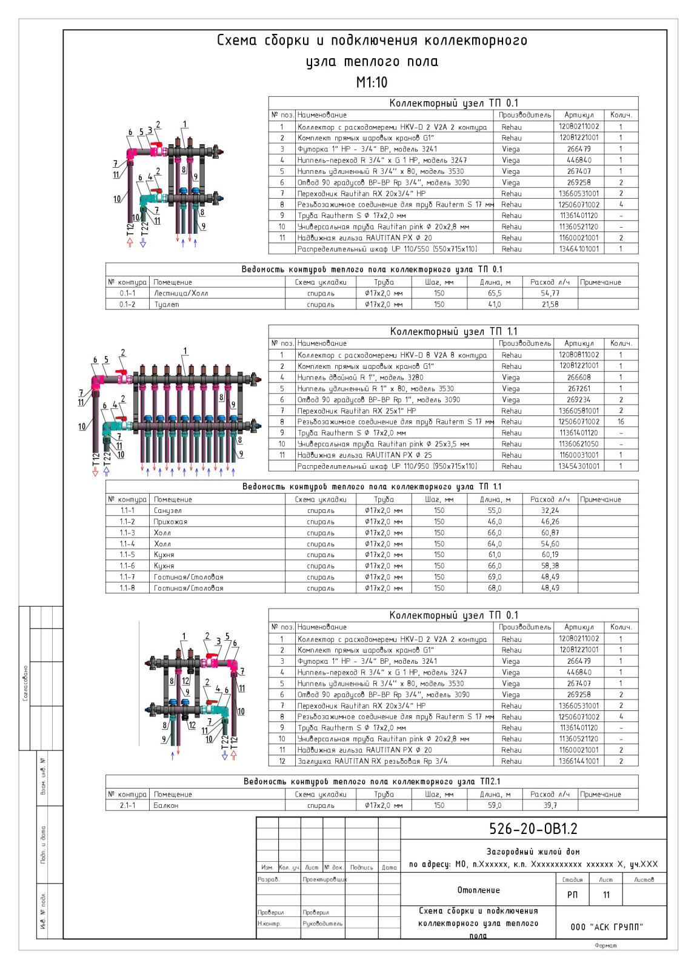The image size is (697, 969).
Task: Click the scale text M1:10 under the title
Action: (x=372, y=82)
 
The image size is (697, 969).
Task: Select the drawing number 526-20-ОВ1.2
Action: (x=533, y=828)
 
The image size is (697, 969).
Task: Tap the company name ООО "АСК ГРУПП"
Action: (x=607, y=927)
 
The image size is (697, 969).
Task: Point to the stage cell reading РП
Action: (x=572, y=895)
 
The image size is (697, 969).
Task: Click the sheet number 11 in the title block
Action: (x=606, y=895)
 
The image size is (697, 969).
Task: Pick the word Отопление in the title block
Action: (x=478, y=890)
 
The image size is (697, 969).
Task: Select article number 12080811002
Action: (x=579, y=355)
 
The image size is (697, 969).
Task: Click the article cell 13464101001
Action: (x=579, y=249)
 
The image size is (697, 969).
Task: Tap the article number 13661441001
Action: (x=579, y=761)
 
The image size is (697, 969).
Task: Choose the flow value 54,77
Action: (x=550, y=293)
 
